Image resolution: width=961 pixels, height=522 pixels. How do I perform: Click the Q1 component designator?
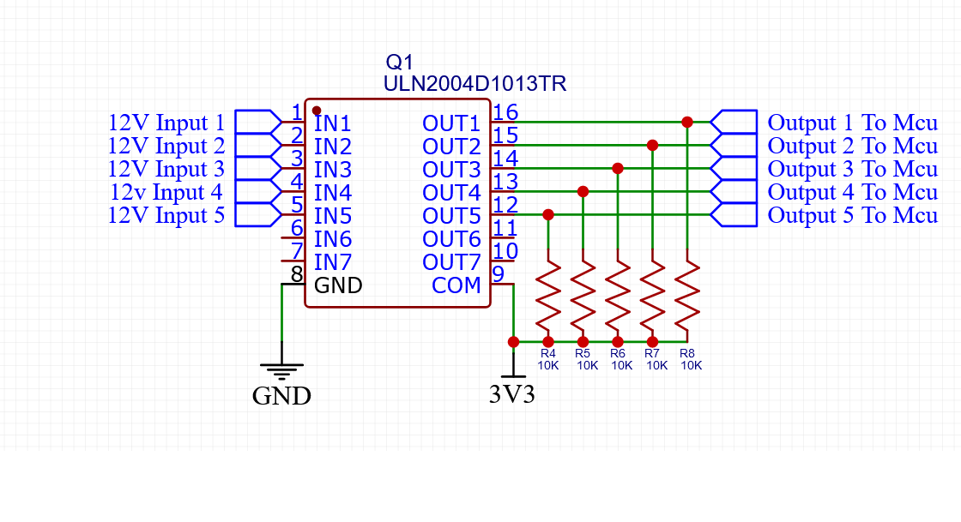point(400,63)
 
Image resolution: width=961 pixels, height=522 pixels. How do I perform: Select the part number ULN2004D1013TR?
point(474,84)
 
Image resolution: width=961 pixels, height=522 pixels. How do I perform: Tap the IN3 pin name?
point(333,169)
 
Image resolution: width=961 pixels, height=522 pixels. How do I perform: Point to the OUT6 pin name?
point(451,238)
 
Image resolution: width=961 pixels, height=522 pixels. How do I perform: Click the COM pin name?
point(456,285)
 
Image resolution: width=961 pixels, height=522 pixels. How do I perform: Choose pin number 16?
point(506,112)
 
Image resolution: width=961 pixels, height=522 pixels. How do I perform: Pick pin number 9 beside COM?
point(498,274)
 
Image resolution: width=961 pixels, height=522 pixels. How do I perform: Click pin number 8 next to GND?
point(297,275)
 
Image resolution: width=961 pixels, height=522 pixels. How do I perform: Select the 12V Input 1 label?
point(166,123)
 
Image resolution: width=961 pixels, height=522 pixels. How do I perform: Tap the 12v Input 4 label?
point(166,192)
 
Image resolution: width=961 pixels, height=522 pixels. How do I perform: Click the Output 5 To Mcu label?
point(852,215)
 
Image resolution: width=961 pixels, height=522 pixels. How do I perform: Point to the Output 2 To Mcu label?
point(852,146)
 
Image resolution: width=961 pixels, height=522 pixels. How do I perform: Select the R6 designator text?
point(618,353)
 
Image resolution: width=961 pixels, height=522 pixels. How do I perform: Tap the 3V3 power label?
point(512,395)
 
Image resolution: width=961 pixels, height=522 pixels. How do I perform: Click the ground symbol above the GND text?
point(281,371)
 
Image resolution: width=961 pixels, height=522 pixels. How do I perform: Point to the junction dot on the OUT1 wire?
point(687,122)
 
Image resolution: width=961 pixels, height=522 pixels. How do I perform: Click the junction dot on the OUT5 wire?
point(548,214)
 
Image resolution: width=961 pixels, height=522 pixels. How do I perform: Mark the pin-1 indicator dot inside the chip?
point(317,111)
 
